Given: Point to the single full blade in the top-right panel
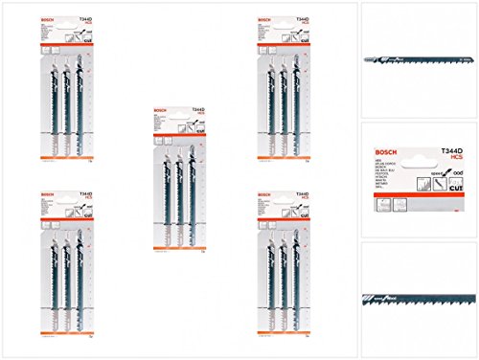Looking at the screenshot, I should (x=418, y=58).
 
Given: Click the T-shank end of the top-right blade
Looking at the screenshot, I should (x=369, y=58).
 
